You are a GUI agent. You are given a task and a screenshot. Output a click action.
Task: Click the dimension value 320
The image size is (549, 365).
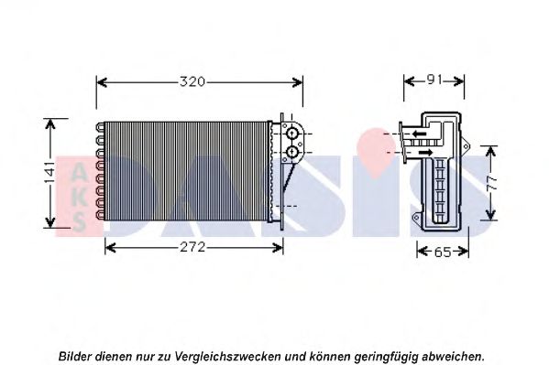[x=192, y=81]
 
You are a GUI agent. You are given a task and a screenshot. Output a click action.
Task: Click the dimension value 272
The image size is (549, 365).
[x=192, y=248]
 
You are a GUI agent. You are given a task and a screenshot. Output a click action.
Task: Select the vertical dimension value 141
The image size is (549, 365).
[x=49, y=172]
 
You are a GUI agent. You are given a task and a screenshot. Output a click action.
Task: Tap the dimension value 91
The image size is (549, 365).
[x=434, y=81]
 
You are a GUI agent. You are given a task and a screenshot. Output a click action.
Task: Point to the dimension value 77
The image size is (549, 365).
[x=491, y=183]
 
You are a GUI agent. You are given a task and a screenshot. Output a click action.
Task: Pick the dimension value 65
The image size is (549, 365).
[x=443, y=252]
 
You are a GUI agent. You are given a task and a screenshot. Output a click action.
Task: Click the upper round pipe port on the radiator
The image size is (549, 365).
[x=291, y=134]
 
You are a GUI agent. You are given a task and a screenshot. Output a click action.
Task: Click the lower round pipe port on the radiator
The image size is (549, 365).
[x=291, y=152]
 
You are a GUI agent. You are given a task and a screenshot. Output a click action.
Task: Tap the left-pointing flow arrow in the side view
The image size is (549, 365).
[x=419, y=134]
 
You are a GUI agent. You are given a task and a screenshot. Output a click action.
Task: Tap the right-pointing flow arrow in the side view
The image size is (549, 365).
[x=426, y=152]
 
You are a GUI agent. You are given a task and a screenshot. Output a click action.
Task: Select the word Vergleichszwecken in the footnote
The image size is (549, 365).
[x=227, y=357]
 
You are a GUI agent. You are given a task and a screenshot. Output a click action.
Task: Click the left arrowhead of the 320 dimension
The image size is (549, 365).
[x=102, y=82]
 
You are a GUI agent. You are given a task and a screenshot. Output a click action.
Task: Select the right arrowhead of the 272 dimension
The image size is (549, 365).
[x=278, y=248]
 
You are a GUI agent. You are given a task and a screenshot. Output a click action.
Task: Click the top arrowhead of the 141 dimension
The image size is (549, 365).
[x=50, y=123]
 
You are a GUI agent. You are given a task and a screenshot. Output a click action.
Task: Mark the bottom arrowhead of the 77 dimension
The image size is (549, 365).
[x=491, y=214]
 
